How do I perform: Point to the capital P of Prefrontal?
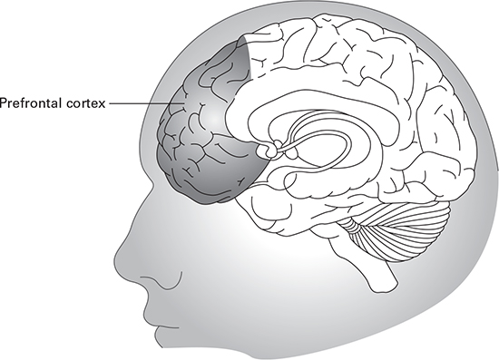pyautogui.click(x=4, y=102)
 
